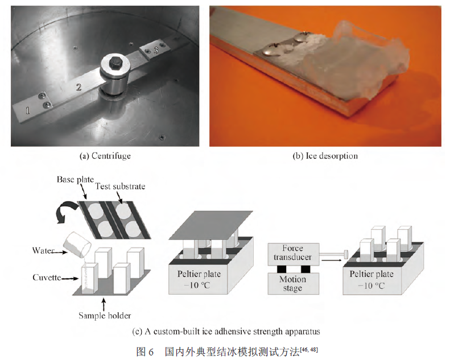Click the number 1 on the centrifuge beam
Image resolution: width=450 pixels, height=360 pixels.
coord(28,110)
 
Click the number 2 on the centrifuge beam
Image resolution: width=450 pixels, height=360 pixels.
coord(79,87)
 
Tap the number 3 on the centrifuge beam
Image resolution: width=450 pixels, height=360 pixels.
coord(156,51)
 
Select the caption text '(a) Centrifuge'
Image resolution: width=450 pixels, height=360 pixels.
coord(105,156)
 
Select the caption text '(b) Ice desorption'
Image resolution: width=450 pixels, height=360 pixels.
coord(325,156)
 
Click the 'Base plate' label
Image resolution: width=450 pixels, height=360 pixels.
coord(75,180)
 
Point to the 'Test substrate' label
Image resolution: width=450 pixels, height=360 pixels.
coord(120,187)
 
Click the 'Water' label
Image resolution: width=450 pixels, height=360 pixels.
coord(43,250)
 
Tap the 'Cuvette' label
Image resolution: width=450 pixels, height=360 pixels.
coord(47,278)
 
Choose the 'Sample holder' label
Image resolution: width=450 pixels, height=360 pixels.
coord(105,316)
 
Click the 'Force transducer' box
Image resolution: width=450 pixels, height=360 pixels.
coord(294,253)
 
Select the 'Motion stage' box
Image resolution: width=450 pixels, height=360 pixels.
coord(294,283)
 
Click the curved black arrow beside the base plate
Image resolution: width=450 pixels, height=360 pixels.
coord(65,211)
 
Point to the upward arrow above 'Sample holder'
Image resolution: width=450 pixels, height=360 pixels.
coord(104,304)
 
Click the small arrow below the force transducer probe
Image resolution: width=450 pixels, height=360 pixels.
coord(332,260)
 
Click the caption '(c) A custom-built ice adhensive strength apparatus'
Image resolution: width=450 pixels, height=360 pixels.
coord(226,332)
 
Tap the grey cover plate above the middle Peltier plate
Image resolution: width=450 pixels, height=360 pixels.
coord(211,225)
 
